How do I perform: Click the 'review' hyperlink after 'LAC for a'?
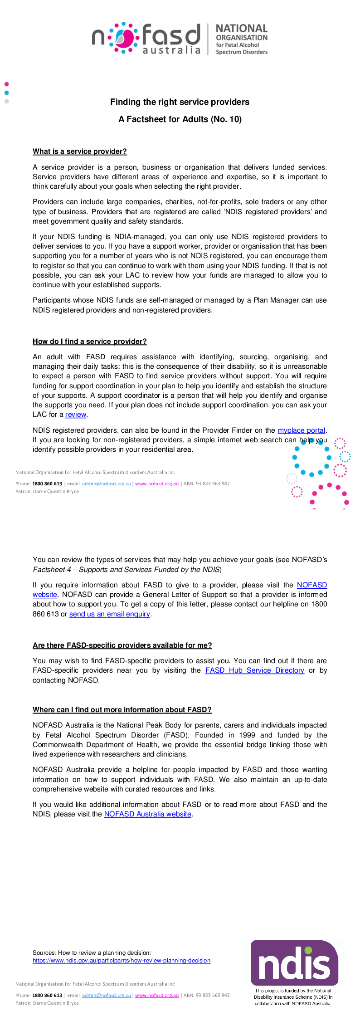76,415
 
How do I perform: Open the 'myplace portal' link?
302,430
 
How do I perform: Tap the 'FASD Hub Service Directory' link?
254,670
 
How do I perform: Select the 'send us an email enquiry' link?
109,614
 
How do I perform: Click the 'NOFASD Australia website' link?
147,814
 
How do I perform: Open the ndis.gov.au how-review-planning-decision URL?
122,960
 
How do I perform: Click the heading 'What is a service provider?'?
80,151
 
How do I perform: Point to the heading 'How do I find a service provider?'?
90,342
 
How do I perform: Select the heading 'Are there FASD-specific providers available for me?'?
122,645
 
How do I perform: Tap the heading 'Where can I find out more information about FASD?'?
122,710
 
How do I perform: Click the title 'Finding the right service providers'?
180,102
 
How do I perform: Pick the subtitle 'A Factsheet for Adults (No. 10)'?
180,119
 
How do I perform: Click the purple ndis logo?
294,962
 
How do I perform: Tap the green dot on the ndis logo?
308,950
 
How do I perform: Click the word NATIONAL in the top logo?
242,29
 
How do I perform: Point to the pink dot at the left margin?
6,84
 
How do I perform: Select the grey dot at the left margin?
6,101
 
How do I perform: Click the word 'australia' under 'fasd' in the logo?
171,50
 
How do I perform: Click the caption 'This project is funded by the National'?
293,991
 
